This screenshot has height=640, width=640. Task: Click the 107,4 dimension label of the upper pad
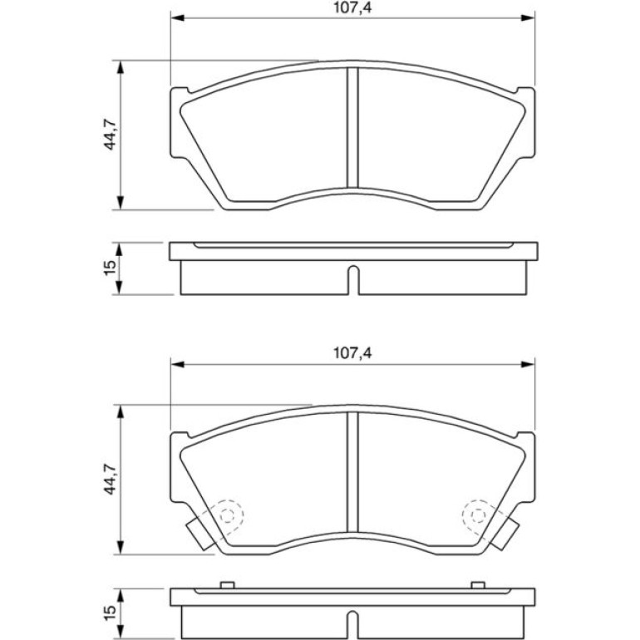(x=352, y=7)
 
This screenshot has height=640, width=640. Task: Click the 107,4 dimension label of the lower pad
(x=352, y=353)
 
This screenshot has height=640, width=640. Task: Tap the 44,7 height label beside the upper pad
(x=111, y=135)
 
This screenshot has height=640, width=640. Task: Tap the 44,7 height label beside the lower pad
(x=111, y=480)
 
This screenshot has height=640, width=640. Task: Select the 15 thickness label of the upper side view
(x=111, y=268)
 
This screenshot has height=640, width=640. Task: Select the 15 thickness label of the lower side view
(x=111, y=613)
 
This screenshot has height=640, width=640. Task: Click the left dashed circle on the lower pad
(x=228, y=515)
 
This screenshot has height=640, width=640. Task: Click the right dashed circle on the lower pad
(x=478, y=515)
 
